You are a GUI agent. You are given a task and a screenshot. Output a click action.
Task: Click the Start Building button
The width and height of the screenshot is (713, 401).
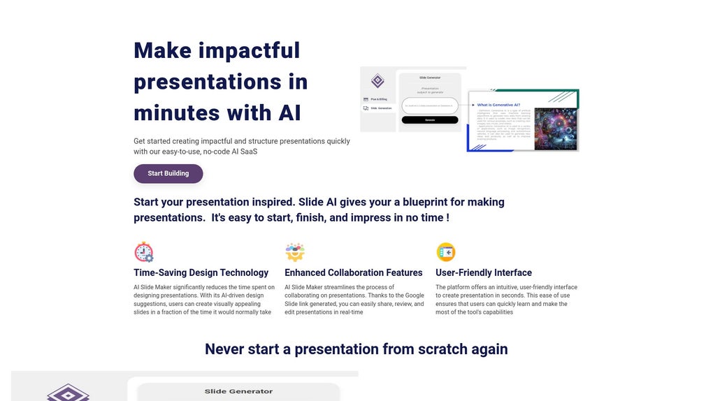168,173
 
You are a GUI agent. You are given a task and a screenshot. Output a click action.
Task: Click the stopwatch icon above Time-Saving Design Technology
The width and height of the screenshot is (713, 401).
143,252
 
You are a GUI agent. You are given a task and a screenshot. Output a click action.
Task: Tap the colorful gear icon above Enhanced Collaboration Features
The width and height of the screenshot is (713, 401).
295,252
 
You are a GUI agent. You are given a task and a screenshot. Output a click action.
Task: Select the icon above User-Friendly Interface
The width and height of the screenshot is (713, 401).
445,252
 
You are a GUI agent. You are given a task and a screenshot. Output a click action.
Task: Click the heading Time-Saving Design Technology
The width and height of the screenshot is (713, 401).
201,272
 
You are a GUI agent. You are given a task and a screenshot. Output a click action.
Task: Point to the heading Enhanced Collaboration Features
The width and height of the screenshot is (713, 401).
353,272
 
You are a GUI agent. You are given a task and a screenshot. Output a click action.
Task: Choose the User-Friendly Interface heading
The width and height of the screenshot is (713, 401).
483,272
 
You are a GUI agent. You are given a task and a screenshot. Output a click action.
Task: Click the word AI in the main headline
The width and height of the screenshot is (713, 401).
289,112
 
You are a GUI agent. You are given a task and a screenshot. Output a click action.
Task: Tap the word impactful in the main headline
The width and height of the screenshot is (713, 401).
249,50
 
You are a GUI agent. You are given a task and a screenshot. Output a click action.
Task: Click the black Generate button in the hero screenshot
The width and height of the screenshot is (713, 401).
429,120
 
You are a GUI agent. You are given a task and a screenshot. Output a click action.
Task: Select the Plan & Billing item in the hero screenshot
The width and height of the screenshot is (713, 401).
377,99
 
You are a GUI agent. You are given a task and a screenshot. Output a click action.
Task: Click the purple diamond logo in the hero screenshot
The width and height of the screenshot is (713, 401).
377,81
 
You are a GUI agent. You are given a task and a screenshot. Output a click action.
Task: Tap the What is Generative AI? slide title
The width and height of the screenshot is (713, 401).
498,104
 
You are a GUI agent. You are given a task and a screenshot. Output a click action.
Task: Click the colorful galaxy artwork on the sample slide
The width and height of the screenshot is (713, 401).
555,129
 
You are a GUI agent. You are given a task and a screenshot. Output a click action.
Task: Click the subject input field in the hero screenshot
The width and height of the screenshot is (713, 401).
429,105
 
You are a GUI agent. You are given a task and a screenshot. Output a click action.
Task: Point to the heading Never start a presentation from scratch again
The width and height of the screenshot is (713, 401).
356,349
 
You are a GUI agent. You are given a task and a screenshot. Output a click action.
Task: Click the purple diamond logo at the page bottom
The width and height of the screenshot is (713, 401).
68,393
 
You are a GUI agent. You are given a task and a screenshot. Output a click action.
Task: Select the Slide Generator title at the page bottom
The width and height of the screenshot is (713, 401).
238,391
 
